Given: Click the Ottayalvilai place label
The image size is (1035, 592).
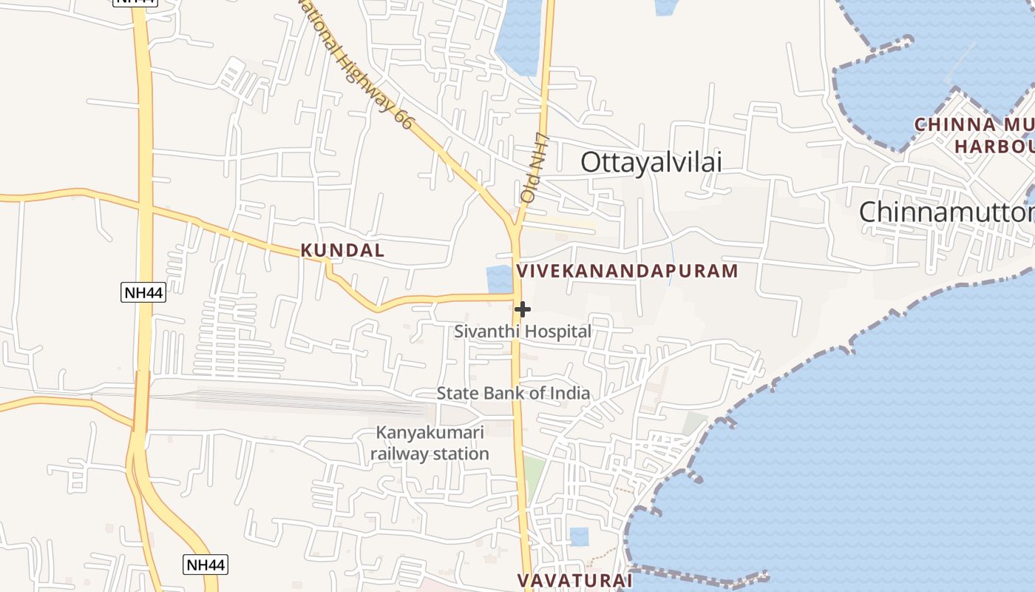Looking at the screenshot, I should tap(651, 162).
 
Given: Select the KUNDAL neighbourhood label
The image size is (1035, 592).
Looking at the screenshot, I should tap(342, 250).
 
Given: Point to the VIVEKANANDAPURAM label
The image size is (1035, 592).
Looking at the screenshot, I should tap(627, 271).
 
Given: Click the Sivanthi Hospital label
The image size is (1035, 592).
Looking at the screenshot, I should tap(523, 332).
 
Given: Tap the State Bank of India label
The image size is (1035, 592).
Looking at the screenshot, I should tap(513, 393).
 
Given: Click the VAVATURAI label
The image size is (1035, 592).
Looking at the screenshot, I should tap(574, 580).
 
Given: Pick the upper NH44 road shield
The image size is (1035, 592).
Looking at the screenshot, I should tap(143, 292).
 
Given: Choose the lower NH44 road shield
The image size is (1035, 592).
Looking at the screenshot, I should tap(205, 565).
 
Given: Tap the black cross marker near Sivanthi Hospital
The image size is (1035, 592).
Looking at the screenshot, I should tap(523, 309).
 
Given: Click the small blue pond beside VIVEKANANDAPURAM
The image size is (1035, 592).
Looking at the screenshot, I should tap(499, 279).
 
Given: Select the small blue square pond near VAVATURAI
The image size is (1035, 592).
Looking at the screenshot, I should tap(579, 536).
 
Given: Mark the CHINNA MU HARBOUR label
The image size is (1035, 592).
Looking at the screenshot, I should tap(976, 135).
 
